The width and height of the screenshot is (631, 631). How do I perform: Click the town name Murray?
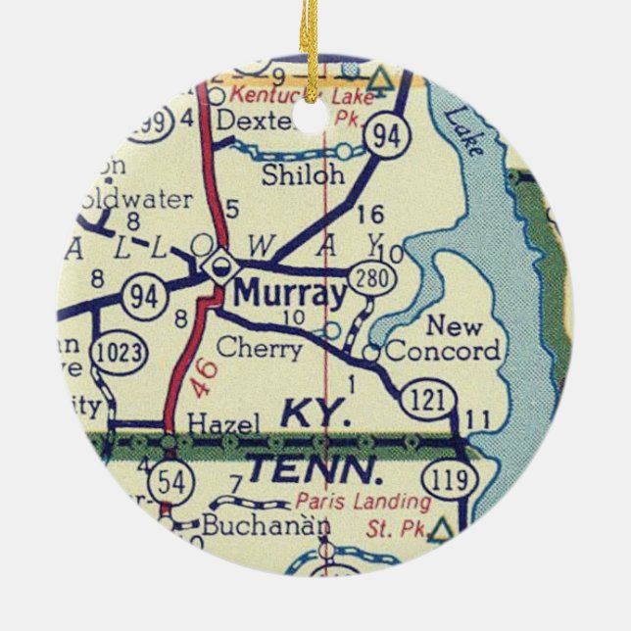290,294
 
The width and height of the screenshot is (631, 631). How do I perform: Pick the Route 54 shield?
171,482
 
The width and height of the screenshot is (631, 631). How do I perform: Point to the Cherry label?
259,348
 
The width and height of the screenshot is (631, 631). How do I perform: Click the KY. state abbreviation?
316,414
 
